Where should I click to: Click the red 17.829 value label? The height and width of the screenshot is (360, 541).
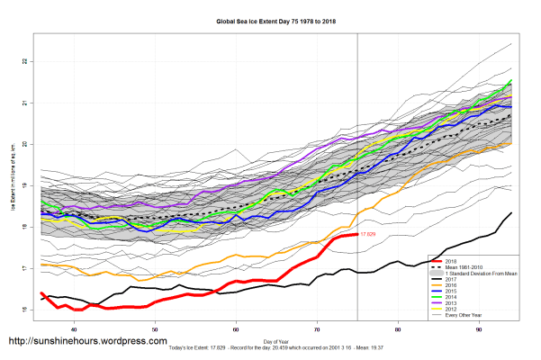pyautogui.click(x=368, y=234)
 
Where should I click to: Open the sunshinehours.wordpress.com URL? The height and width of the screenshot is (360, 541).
pyautogui.click(x=87, y=342)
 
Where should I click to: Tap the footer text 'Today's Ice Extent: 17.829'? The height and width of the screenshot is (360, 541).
pyautogui.click(x=221, y=347)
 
